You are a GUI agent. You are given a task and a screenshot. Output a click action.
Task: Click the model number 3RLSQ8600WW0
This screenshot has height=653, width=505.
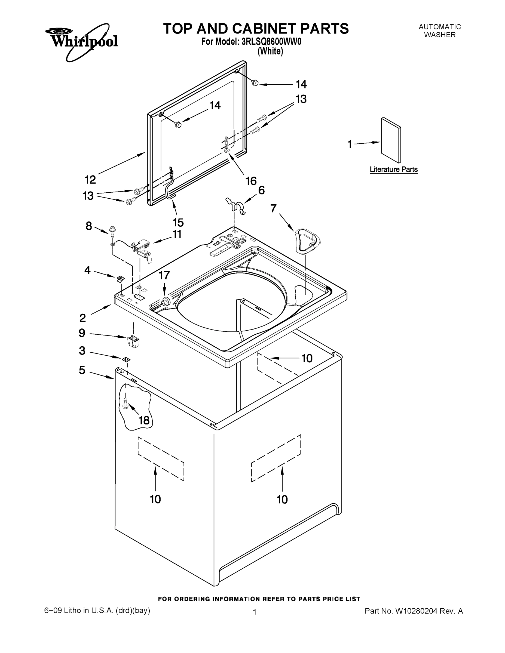point(271,42)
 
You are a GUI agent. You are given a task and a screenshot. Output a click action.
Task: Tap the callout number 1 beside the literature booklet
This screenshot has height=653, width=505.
point(350,144)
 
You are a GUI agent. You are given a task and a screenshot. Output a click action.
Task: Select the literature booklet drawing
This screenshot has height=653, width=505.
point(391,140)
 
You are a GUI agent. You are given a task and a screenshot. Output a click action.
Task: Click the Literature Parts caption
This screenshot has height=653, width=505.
point(393,169)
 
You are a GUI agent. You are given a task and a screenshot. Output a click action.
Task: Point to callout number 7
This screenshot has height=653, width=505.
point(273,208)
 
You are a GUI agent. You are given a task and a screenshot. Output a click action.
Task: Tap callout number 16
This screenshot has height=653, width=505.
point(251,181)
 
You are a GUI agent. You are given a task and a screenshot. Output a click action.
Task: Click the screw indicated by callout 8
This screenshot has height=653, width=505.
point(112,231)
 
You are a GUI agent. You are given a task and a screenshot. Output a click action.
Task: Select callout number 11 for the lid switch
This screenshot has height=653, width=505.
point(177,234)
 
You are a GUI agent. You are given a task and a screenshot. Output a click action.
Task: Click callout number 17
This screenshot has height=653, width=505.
point(164,275)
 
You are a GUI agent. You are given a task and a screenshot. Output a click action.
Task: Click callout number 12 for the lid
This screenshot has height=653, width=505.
point(90,179)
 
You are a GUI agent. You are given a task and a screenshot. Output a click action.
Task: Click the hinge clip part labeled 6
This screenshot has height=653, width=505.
point(236,205)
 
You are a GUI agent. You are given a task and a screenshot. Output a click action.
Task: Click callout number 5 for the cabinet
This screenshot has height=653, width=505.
point(82,370)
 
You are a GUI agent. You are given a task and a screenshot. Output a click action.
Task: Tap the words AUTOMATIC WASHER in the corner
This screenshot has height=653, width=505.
point(439,31)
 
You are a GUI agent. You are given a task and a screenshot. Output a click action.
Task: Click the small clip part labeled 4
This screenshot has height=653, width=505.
point(120,279)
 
